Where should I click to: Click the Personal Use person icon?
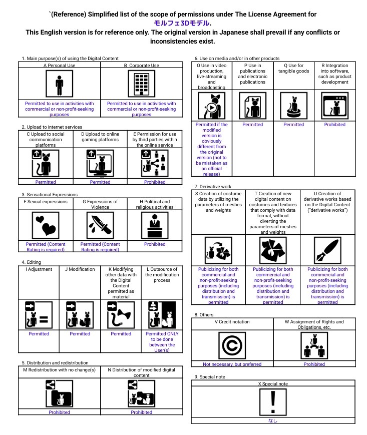tap(60, 84)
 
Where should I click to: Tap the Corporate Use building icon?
tap(142, 84)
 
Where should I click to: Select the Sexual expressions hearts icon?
tap(46, 225)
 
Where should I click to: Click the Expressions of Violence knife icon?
tap(100, 225)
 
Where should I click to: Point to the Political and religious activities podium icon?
tap(155, 225)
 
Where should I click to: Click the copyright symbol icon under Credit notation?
tap(232, 345)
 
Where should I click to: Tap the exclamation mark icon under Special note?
tap(273, 402)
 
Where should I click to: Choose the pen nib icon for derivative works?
tap(327, 250)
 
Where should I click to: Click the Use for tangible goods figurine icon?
tap(294, 106)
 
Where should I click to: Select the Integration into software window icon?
tap(335, 106)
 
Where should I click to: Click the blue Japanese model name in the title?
tap(182, 23)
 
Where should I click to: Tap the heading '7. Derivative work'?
tap(213, 186)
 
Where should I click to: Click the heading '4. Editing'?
tap(32, 262)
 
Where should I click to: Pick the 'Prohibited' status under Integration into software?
tap(335, 125)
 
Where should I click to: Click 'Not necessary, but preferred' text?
tap(232, 364)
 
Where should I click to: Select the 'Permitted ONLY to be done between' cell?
tap(162, 342)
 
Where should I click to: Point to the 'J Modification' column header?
tap(80, 269)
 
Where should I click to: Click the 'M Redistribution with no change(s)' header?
tap(60, 370)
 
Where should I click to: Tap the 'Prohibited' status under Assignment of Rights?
tap(314, 364)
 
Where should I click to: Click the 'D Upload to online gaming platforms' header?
tap(100, 137)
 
